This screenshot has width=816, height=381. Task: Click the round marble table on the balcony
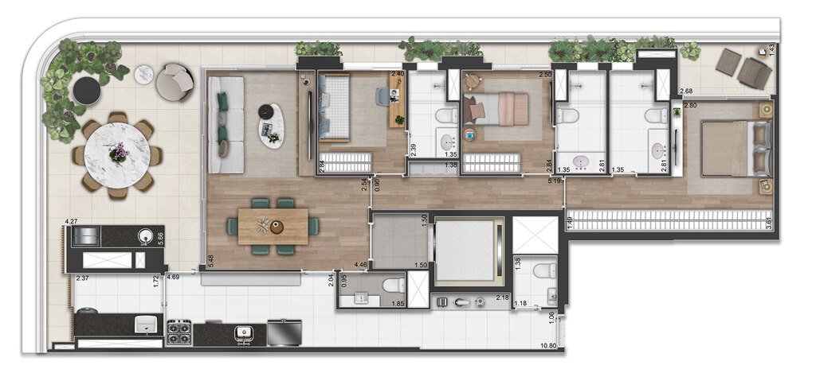118,154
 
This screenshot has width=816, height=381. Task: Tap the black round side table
86,91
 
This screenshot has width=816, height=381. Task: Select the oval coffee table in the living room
271,126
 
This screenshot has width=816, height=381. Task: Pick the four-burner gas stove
178,331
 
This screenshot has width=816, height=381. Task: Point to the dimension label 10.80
547,346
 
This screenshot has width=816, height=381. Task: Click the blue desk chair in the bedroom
382,96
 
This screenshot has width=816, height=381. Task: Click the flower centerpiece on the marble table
119,151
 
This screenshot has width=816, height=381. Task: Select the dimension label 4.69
174,278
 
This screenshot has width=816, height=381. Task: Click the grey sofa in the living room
228,124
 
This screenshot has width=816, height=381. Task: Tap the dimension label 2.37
81,278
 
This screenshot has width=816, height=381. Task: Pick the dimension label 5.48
210,260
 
